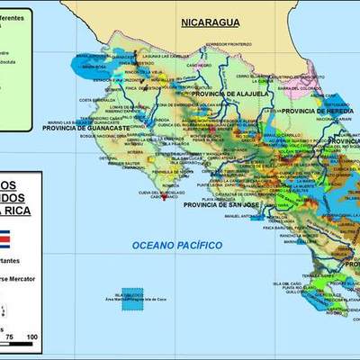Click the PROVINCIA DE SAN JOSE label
[x=220, y=204]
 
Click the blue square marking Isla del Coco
[x=132, y=298]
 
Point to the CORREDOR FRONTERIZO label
[x=224, y=43]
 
